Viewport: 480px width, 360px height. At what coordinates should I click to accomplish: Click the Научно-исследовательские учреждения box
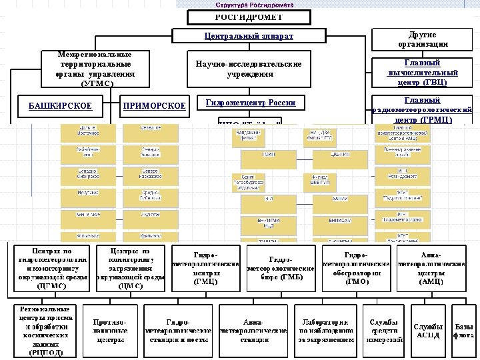point(248,69)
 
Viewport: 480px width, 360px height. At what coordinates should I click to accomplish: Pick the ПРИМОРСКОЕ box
point(154,105)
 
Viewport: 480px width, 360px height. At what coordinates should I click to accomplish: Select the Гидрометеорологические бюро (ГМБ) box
point(281,269)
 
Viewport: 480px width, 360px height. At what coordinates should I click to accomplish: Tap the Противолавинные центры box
point(110,329)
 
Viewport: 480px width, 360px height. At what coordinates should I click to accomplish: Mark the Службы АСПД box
point(428,329)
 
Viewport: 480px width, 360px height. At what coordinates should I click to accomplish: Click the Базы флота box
point(465,329)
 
